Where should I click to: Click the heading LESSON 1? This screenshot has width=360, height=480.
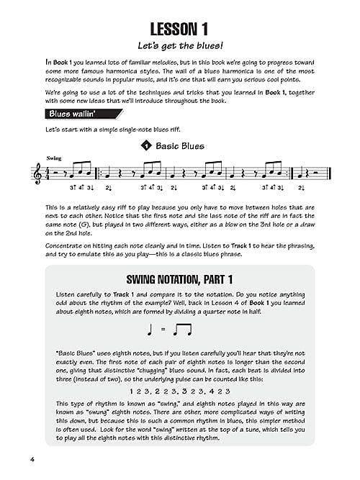[x=179, y=30]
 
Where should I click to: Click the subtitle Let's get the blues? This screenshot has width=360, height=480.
[x=179, y=50]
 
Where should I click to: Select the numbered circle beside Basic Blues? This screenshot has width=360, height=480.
[x=148, y=146]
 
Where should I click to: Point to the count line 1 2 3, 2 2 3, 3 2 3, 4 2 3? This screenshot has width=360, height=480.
[x=179, y=391]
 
